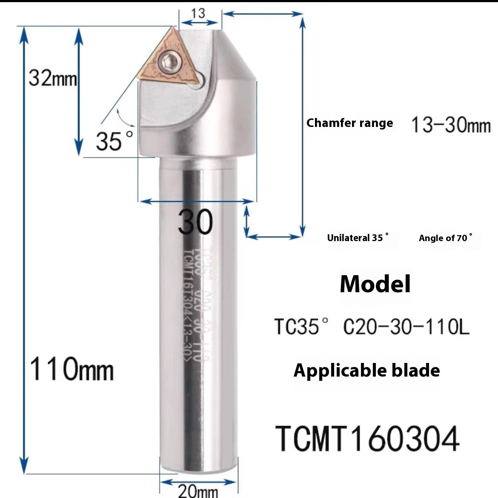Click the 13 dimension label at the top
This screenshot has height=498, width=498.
198,13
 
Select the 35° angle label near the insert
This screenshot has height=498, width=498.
114,141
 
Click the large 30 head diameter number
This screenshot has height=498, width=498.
196,222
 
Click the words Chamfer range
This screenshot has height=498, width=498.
349,123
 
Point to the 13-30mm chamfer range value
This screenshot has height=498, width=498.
451,125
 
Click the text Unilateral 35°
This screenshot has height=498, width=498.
358,238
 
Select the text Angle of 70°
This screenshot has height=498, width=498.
445,238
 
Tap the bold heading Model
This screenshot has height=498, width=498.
375,284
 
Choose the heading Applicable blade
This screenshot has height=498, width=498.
366,370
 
